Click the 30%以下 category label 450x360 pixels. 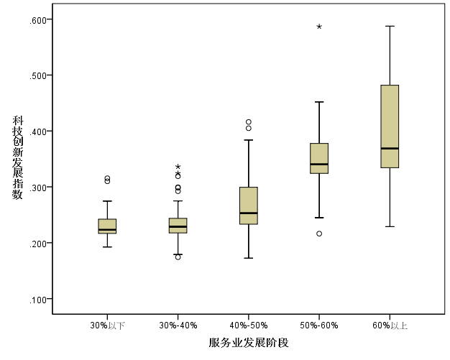coord(107,326)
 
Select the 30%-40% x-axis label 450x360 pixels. coord(178,326)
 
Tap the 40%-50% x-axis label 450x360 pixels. coord(248,326)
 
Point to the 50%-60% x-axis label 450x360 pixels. coord(318,326)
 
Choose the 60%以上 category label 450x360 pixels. coord(389,326)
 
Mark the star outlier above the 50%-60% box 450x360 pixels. coord(319,27)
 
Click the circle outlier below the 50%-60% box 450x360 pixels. coord(319,234)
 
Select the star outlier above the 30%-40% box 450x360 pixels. coord(178,167)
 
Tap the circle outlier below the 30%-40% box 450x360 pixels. coord(178,257)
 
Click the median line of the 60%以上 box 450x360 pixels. coord(389,148)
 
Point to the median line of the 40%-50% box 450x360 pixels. coord(248,213)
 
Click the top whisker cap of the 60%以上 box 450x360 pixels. coord(389,26)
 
